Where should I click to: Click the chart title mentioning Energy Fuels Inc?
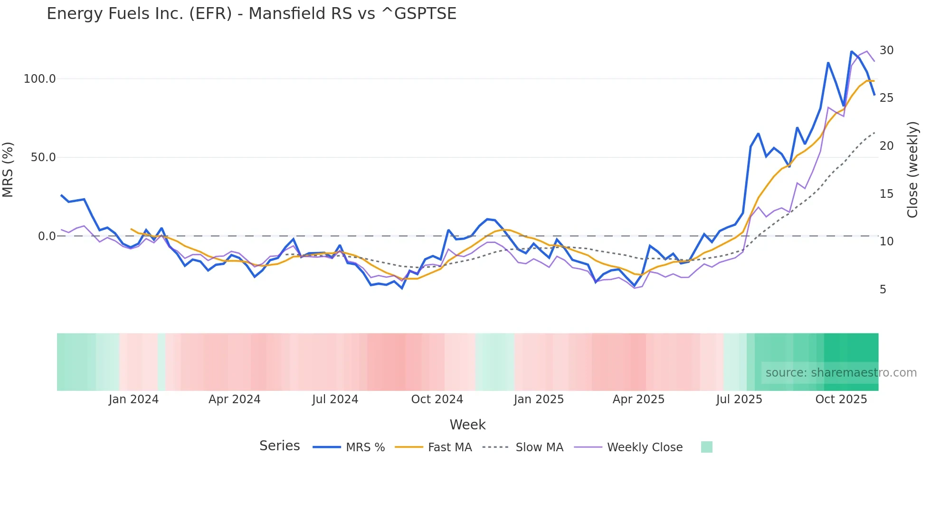point(251,14)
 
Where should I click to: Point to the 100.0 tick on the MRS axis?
point(40,79)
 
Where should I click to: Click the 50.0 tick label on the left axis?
point(43,157)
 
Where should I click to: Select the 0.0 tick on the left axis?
point(47,236)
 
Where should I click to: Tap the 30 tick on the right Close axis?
point(886,50)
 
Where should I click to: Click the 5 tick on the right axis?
point(883,290)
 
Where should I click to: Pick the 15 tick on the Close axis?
point(886,194)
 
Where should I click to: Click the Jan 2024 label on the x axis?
point(133,399)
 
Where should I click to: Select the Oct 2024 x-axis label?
point(437,399)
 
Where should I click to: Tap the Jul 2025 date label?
point(739,399)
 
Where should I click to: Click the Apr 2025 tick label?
point(638,399)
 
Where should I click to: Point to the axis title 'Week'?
point(467,425)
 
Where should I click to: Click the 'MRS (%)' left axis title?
point(8,170)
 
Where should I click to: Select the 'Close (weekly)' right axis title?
point(912,170)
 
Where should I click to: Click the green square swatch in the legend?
point(706,447)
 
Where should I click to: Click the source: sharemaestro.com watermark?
point(841,373)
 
